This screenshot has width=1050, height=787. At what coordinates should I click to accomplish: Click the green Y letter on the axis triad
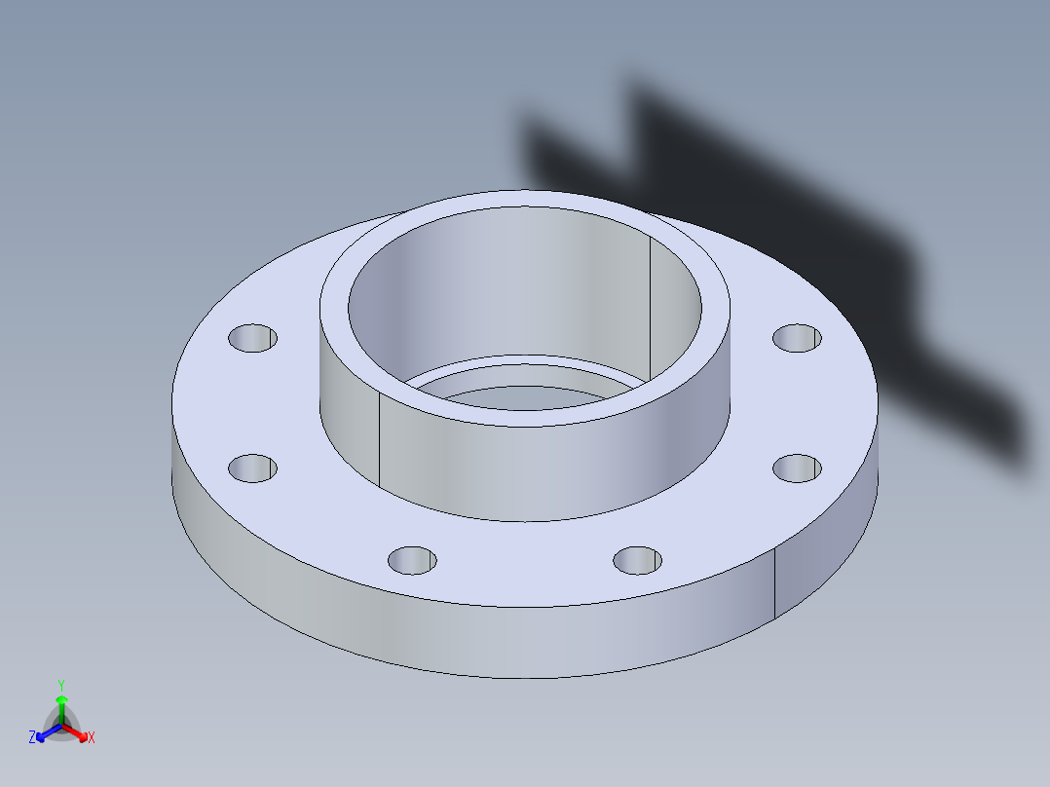tap(60, 685)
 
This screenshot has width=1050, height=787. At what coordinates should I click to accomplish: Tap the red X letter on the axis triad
tap(92, 738)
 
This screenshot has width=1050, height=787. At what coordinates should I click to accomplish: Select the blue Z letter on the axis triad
tap(32, 738)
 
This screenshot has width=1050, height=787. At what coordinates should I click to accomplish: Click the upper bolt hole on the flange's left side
tap(252, 338)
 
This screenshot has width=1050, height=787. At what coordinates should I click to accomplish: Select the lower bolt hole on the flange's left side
tap(252, 468)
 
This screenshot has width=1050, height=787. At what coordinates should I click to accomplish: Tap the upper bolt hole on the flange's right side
tap(797, 338)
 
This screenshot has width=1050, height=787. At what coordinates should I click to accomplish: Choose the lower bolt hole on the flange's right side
tap(797, 468)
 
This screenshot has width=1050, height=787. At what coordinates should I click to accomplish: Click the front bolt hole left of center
tap(412, 560)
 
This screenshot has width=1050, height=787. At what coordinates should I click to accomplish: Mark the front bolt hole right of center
tap(638, 560)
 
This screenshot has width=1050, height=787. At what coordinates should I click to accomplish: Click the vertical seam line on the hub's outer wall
tap(378, 443)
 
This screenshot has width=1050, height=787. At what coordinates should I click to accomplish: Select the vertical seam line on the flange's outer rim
tap(774, 582)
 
